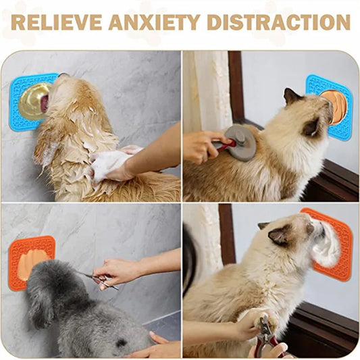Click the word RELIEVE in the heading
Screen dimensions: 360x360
pos(55,22)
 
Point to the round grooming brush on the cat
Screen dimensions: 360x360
pos(241,141)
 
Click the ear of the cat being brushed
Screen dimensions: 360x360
pos(292,98)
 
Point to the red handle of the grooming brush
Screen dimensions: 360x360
pos(226,144)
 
